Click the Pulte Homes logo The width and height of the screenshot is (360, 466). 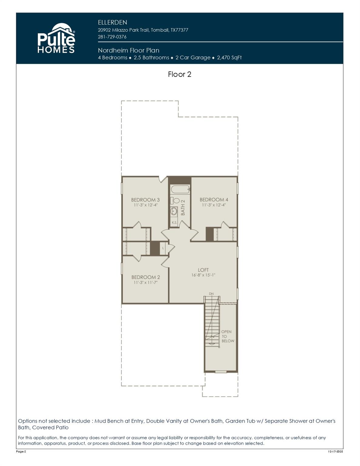click(56, 38)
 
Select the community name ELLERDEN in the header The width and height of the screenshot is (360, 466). click(112, 22)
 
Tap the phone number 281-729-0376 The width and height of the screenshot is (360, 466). click(112, 37)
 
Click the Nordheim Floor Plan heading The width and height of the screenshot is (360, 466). click(128, 50)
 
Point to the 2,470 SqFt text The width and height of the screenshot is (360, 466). click(229, 58)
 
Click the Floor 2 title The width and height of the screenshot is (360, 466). click(179, 74)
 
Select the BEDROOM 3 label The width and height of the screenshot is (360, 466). click(145, 200)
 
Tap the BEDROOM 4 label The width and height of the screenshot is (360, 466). click(214, 200)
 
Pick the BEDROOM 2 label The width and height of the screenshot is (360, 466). click(145, 277)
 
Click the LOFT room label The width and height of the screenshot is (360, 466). click(203, 270)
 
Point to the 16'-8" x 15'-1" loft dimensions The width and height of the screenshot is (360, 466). click(203, 275)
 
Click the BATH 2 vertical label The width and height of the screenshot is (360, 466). click(183, 208)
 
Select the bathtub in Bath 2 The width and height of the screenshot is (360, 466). click(180, 190)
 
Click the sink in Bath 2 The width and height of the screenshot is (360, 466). click(174, 211)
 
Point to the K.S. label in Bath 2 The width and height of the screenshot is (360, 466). click(174, 223)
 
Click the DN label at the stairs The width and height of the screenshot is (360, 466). click(211, 294)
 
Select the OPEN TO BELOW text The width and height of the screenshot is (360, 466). click(227, 336)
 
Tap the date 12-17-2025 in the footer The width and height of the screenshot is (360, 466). click(335, 452)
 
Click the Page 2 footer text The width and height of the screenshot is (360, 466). click(21, 452)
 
